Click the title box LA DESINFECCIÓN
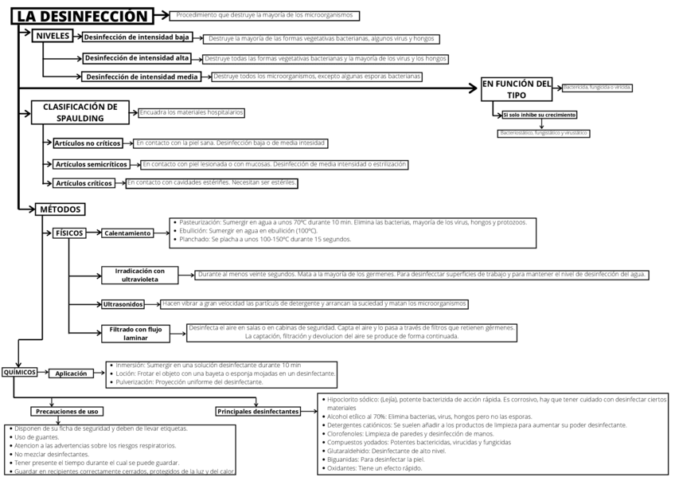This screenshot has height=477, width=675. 84,16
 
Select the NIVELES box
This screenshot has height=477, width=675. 53,36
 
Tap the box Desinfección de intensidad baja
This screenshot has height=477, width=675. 137,37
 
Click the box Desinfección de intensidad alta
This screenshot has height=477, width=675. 137,58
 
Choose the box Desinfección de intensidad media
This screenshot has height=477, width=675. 142,76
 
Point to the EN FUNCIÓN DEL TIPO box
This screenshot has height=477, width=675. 517,89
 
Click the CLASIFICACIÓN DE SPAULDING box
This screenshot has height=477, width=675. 80,111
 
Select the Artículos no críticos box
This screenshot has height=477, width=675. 88,143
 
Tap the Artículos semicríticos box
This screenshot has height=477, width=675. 92,164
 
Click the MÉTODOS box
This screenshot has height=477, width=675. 60,209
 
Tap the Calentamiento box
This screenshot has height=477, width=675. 127,233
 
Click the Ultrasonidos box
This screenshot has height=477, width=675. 123,304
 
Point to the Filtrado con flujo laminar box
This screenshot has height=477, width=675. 135,333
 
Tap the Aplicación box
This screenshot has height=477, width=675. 71,373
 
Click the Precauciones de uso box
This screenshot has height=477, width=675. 67,411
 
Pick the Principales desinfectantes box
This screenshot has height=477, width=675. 258,411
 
